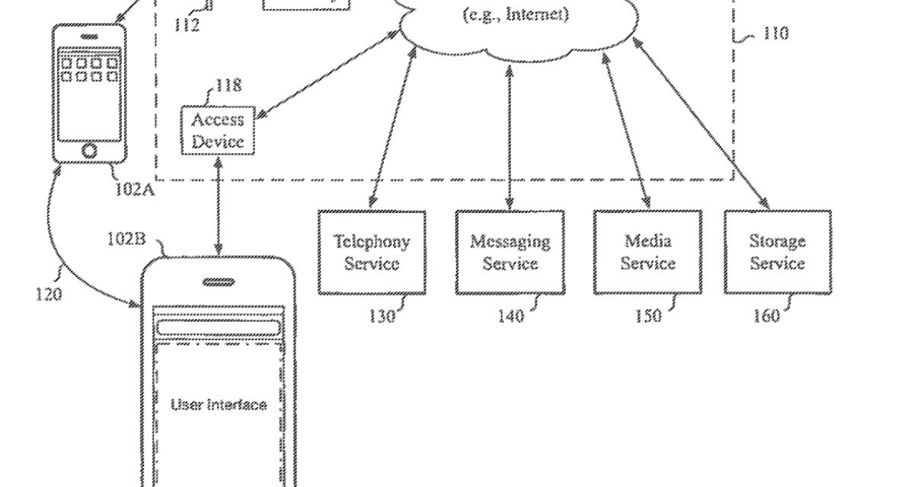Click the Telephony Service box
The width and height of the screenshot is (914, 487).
click(372, 253)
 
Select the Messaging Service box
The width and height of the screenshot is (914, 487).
click(510, 253)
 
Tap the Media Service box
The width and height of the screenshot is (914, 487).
click(647, 253)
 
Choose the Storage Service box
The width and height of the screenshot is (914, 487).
click(777, 253)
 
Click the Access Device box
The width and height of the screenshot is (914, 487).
click(218, 131)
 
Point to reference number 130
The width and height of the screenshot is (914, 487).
click(382, 315)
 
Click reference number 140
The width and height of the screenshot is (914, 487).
click(510, 315)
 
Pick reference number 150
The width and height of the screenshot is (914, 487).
click(647, 315)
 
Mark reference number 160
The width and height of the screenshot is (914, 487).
click(766, 315)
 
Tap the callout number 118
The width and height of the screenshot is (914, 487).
click(228, 85)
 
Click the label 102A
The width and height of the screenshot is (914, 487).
click(135, 189)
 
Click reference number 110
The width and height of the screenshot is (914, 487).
click(775, 33)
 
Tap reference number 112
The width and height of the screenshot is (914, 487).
click(185, 25)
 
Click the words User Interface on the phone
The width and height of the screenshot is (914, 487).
click(219, 405)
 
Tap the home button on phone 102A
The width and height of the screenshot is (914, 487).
click(89, 149)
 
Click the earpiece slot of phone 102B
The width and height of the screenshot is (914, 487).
click(218, 282)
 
